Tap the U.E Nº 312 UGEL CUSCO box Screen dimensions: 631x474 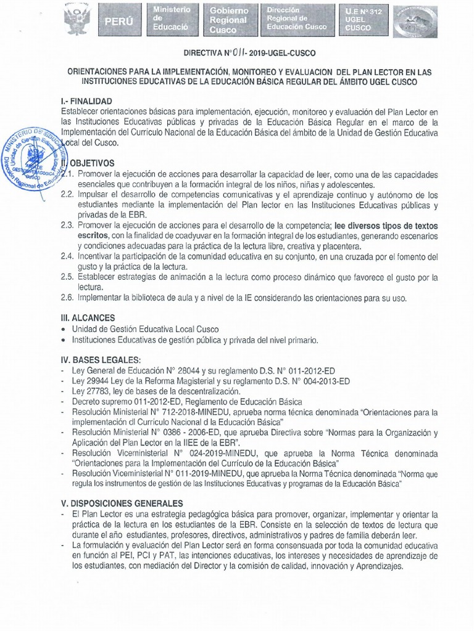(x=365, y=20)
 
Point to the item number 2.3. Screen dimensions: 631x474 (x=67, y=226)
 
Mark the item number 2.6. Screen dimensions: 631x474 (x=67, y=298)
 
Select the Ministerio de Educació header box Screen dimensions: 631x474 (x=172, y=20)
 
